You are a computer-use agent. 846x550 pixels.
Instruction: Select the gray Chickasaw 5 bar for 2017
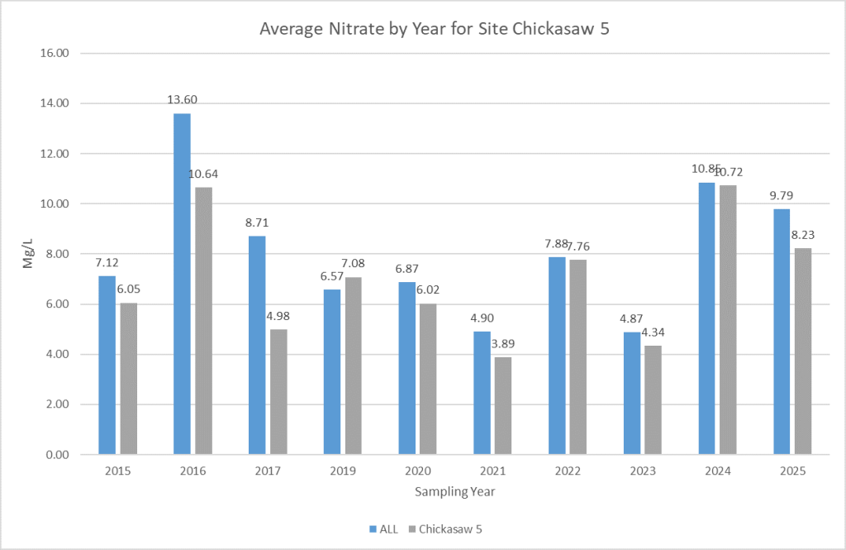point(278,391)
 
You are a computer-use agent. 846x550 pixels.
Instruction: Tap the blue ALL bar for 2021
point(482,393)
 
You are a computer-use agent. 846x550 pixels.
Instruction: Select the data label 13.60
point(183,100)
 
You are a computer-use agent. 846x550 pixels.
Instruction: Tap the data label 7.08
point(354,264)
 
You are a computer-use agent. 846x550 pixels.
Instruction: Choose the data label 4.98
point(278,316)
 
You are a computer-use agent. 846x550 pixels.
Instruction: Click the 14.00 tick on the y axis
point(52,103)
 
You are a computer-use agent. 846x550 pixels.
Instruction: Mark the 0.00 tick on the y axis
point(55,455)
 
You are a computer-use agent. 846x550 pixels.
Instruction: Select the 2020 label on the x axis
point(418,471)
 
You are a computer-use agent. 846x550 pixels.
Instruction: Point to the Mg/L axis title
point(28,254)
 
